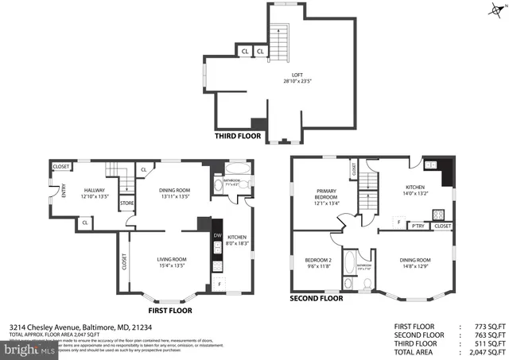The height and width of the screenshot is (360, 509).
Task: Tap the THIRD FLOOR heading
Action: pos(238,136)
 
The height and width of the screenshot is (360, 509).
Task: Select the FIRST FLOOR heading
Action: pos(169,310)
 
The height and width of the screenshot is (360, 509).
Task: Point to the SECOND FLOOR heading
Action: pos(316,299)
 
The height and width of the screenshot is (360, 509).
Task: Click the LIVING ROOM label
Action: pos(171,258)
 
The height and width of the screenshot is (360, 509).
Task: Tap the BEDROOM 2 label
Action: pos(318,260)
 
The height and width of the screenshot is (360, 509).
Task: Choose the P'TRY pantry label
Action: pos(417,226)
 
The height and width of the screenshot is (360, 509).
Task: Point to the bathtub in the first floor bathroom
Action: pos(236,171)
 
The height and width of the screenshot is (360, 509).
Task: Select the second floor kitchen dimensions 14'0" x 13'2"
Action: pos(416,192)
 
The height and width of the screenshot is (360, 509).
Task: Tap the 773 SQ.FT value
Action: pos(488,327)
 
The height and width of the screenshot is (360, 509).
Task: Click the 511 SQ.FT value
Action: pos(488,343)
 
